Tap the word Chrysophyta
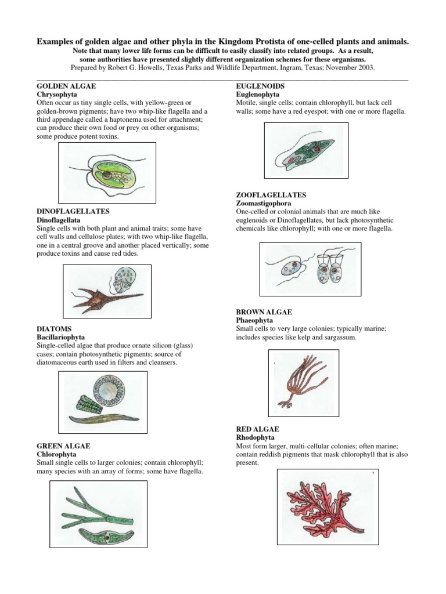tap(57, 93)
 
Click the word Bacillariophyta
tap(61, 336)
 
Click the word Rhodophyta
tap(255, 437)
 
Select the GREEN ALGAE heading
tap(63, 445)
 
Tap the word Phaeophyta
tap(254, 320)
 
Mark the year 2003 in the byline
tap(365, 67)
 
